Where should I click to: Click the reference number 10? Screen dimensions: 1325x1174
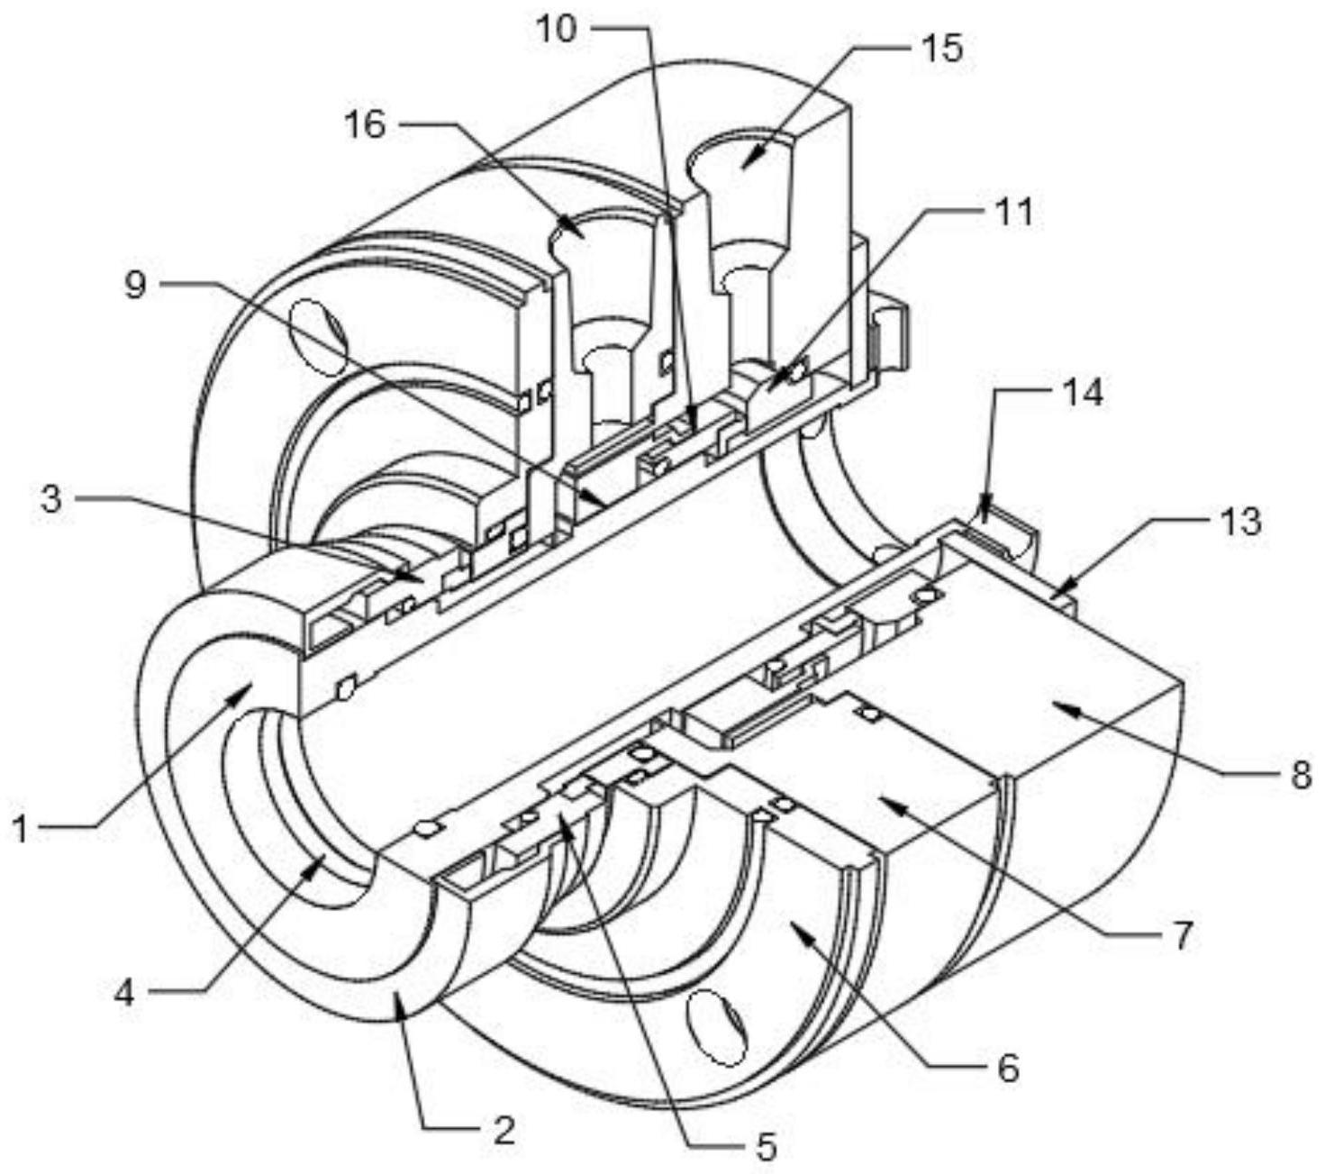557,30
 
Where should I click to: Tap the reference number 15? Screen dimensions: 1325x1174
942,49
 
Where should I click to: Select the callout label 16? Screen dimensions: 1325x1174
366,123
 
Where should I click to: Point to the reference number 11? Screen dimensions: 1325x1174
1012,212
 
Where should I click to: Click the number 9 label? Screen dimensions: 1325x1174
135,285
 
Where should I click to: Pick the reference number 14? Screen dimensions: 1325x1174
1084,394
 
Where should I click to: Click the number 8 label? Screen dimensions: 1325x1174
1301,777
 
